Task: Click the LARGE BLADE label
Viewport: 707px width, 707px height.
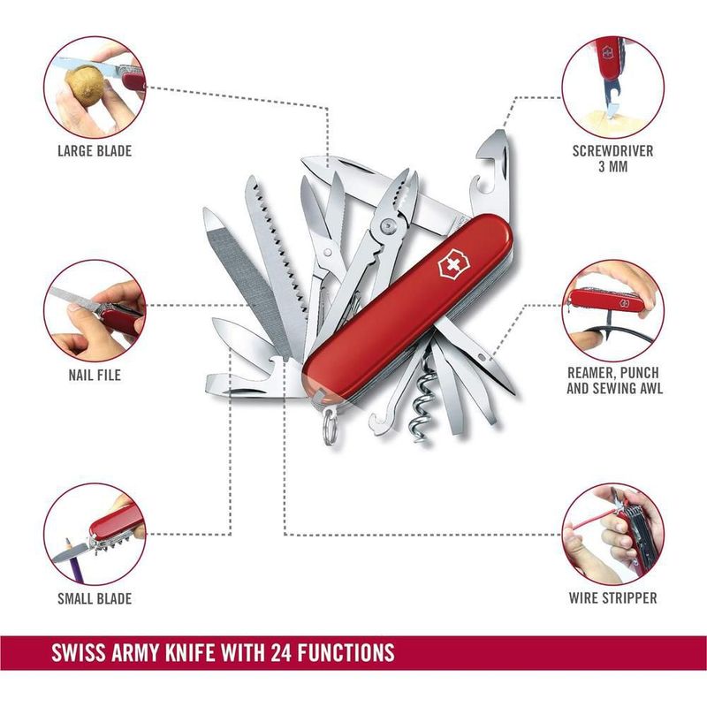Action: (x=95, y=150)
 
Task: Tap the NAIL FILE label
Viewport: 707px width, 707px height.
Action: (x=95, y=375)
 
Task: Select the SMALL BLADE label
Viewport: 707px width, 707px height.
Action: (x=95, y=598)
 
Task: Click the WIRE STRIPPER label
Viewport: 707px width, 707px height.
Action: (x=612, y=598)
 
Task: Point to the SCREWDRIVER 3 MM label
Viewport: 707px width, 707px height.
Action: (x=612, y=158)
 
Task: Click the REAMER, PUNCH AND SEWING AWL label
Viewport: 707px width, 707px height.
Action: (x=614, y=381)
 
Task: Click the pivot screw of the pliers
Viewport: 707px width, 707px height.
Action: (x=388, y=225)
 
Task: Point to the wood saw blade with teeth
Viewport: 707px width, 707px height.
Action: (x=276, y=253)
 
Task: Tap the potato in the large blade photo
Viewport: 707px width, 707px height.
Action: (x=85, y=86)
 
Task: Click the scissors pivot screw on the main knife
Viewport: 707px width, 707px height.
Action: (x=328, y=252)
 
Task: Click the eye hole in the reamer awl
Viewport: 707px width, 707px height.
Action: (x=483, y=358)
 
